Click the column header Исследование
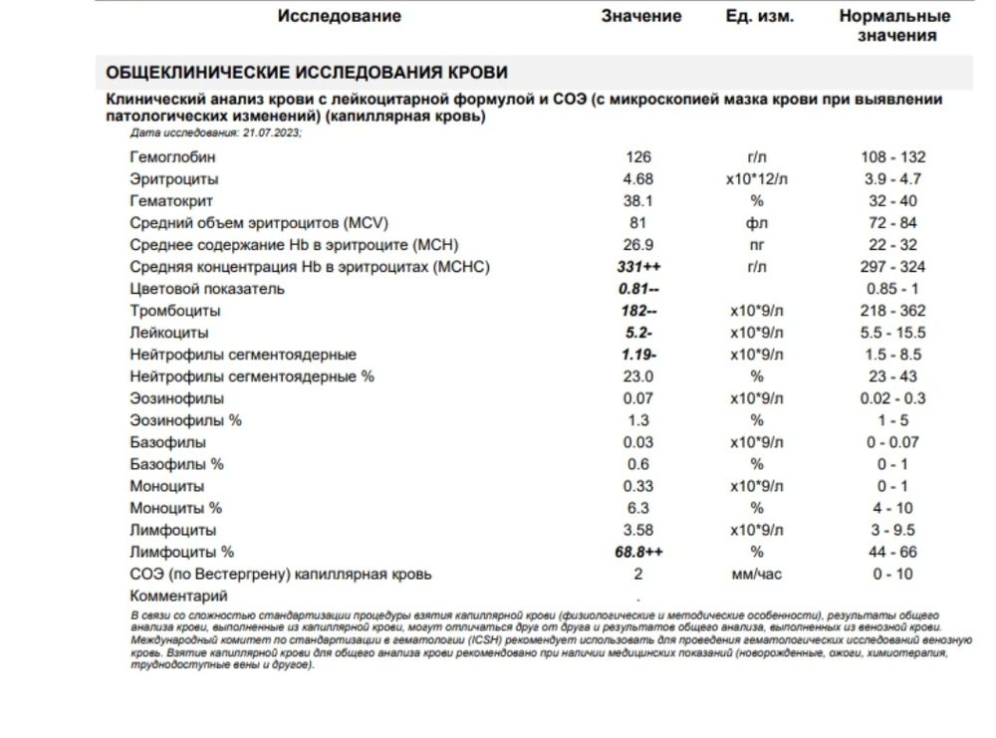tap(339, 16)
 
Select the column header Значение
tap(641, 16)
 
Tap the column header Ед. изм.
tap(760, 16)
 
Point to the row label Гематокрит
tap(166, 201)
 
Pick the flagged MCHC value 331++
tap(639, 267)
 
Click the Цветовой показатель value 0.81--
tap(639, 289)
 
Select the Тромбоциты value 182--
tap(639, 311)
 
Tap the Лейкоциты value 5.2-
tap(638, 333)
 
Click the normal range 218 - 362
tap(893, 311)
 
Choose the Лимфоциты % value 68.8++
tap(639, 552)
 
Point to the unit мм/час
tap(757, 574)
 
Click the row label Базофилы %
tap(176, 464)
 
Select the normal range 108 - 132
tap(893, 157)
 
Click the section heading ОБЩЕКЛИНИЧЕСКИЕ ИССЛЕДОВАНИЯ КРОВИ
tap(307, 73)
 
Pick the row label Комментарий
tap(178, 596)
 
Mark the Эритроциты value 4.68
tap(638, 179)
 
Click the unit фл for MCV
tap(757, 223)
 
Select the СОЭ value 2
tap(638, 574)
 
